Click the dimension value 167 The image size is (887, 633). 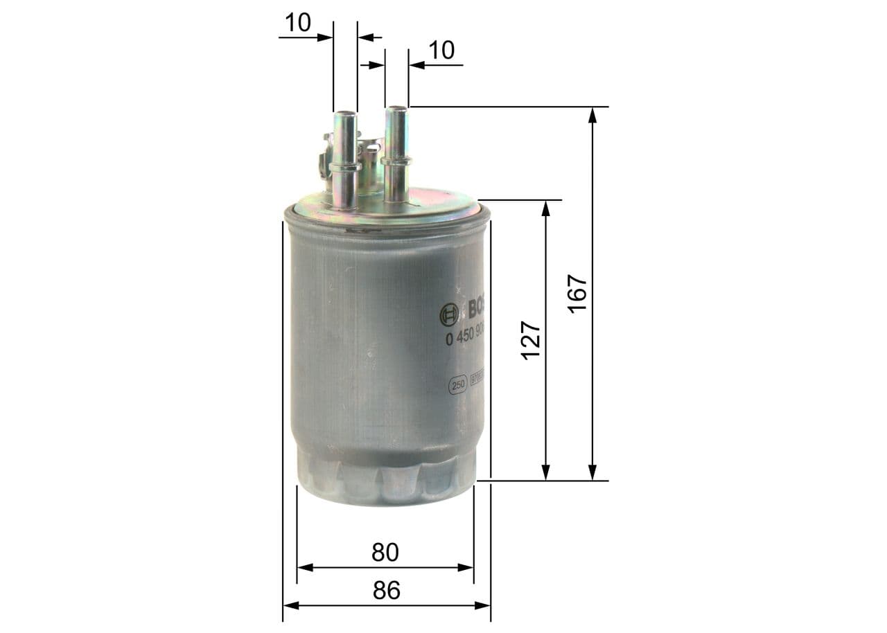[x=577, y=294]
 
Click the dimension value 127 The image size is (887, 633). [x=531, y=340]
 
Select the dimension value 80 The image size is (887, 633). [x=385, y=552]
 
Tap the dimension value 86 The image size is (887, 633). [x=387, y=590]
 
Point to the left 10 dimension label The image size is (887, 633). [x=297, y=23]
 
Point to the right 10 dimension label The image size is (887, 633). [x=441, y=51]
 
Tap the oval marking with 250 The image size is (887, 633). [x=457, y=386]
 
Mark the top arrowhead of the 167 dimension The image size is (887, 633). [x=592, y=115]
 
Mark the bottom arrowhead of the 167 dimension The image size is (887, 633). [x=592, y=472]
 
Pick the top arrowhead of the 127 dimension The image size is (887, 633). [x=546, y=208]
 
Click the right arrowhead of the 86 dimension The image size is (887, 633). [x=483, y=605]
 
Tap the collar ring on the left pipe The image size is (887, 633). [x=345, y=167]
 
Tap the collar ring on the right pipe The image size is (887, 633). [x=396, y=161]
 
